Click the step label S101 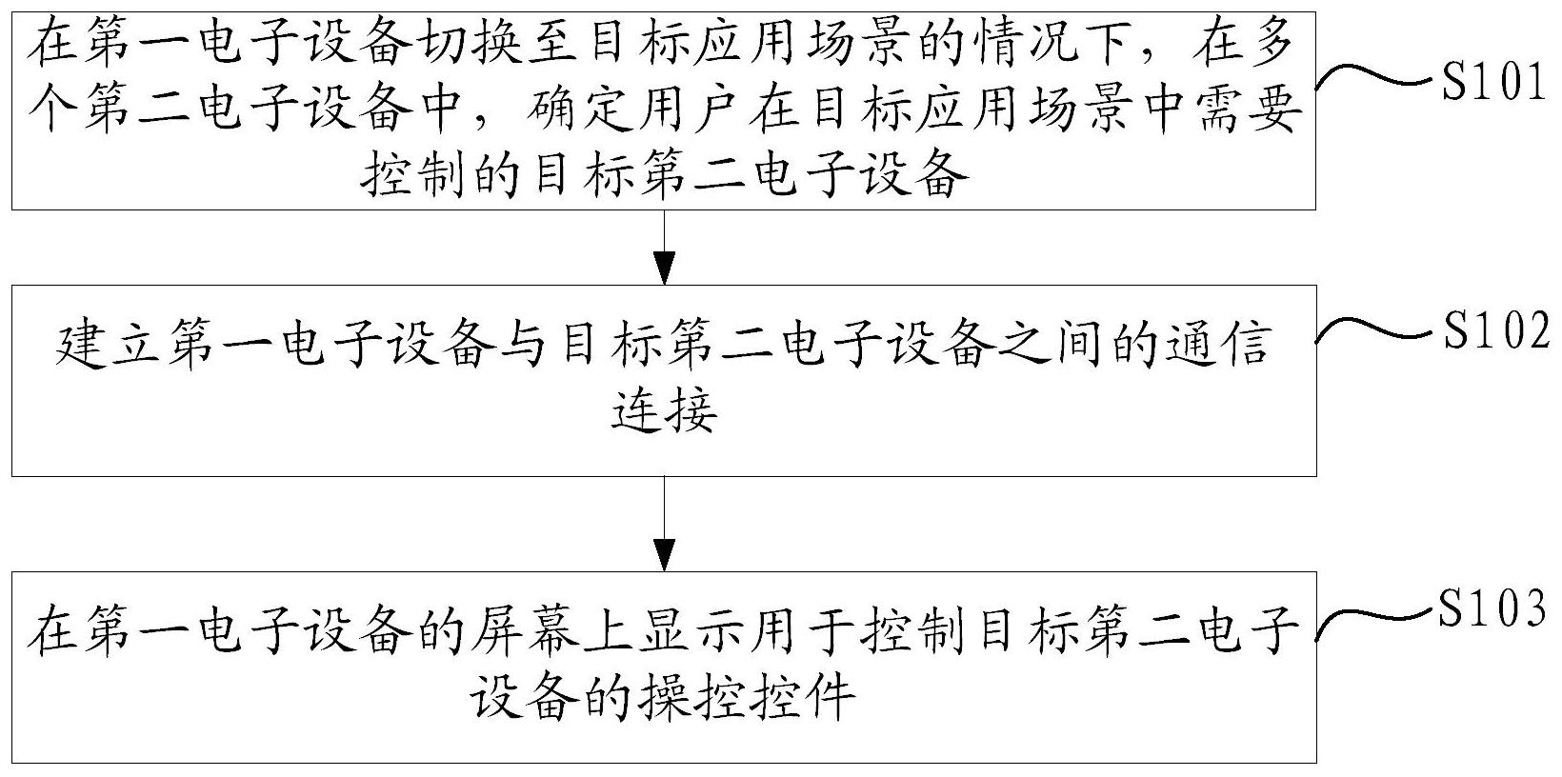1493,81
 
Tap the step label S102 1496,329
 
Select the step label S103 1493,606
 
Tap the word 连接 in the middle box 664,408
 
